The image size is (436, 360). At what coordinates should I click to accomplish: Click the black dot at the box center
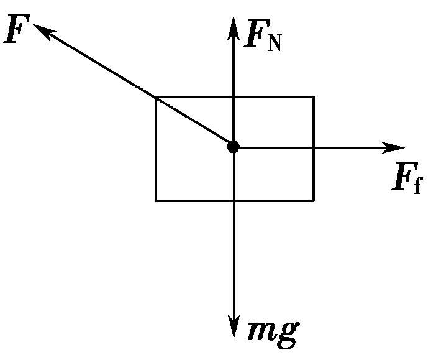pos(233,147)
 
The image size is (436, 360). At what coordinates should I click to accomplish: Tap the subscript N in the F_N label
pos(274,43)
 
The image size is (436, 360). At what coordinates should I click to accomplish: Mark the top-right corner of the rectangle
pos(313,97)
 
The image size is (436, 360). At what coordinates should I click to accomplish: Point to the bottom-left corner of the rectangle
pos(156,200)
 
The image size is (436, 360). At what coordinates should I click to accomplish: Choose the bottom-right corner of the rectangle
pos(313,200)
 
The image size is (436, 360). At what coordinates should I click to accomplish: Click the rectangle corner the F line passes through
pos(156,97)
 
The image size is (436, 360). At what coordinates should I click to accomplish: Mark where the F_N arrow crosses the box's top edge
pos(233,97)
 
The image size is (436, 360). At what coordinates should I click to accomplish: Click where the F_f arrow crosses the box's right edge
pos(313,147)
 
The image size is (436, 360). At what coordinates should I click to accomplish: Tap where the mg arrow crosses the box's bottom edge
pos(234,200)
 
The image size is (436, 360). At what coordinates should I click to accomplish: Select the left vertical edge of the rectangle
pos(156,149)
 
